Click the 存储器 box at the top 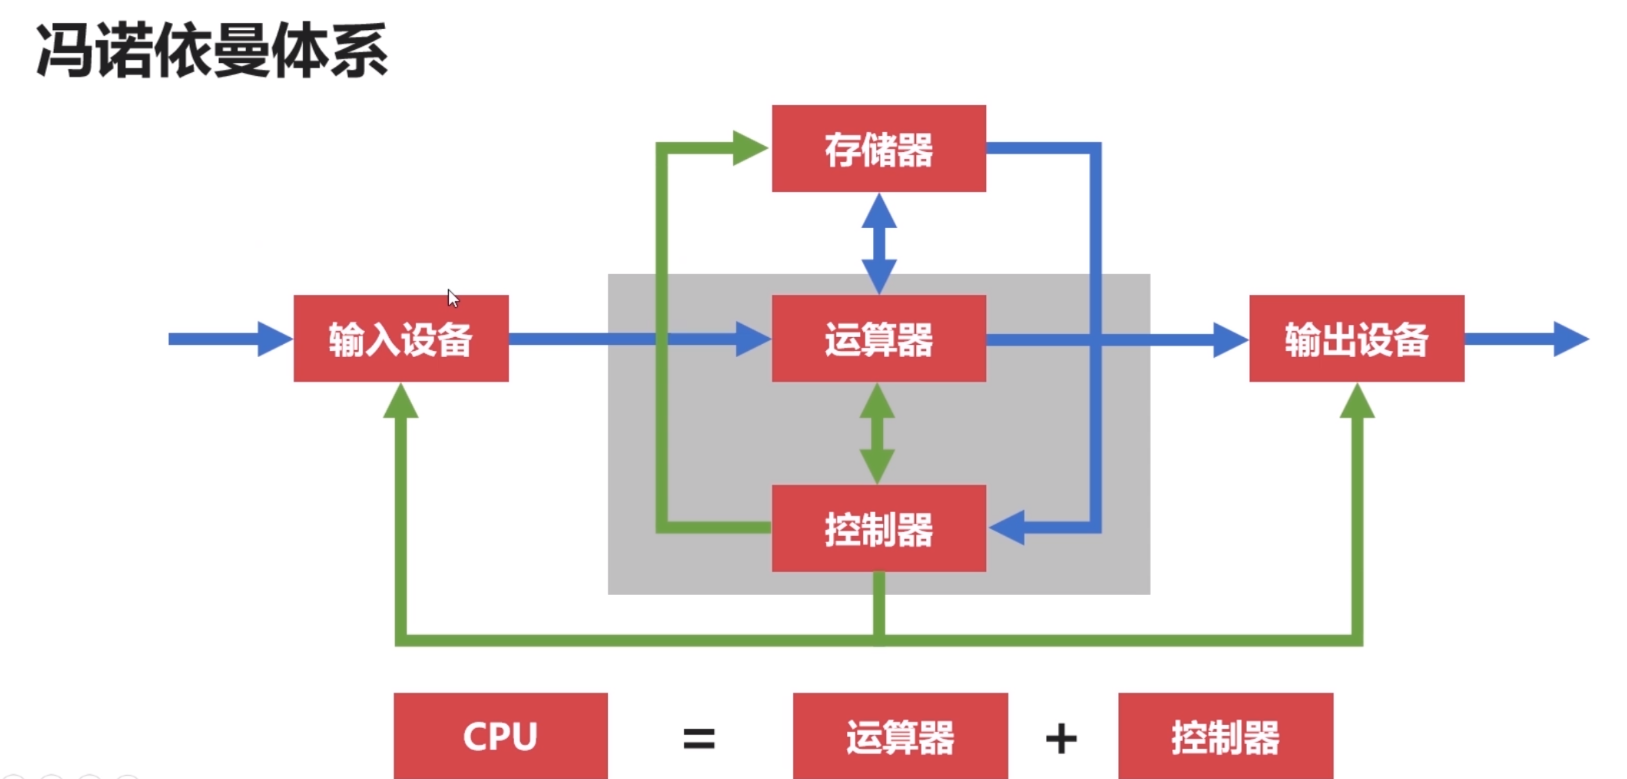878,149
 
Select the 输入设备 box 401,338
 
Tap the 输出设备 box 1356,338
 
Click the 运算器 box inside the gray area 878,338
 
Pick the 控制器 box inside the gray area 878,529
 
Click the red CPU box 500,736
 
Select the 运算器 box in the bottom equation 900,736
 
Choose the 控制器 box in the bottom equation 1226,736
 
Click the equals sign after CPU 699,738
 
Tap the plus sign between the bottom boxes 1061,738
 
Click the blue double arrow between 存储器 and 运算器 878,243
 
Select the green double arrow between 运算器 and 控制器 877,433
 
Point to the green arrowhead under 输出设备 1357,402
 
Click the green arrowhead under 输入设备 400,402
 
